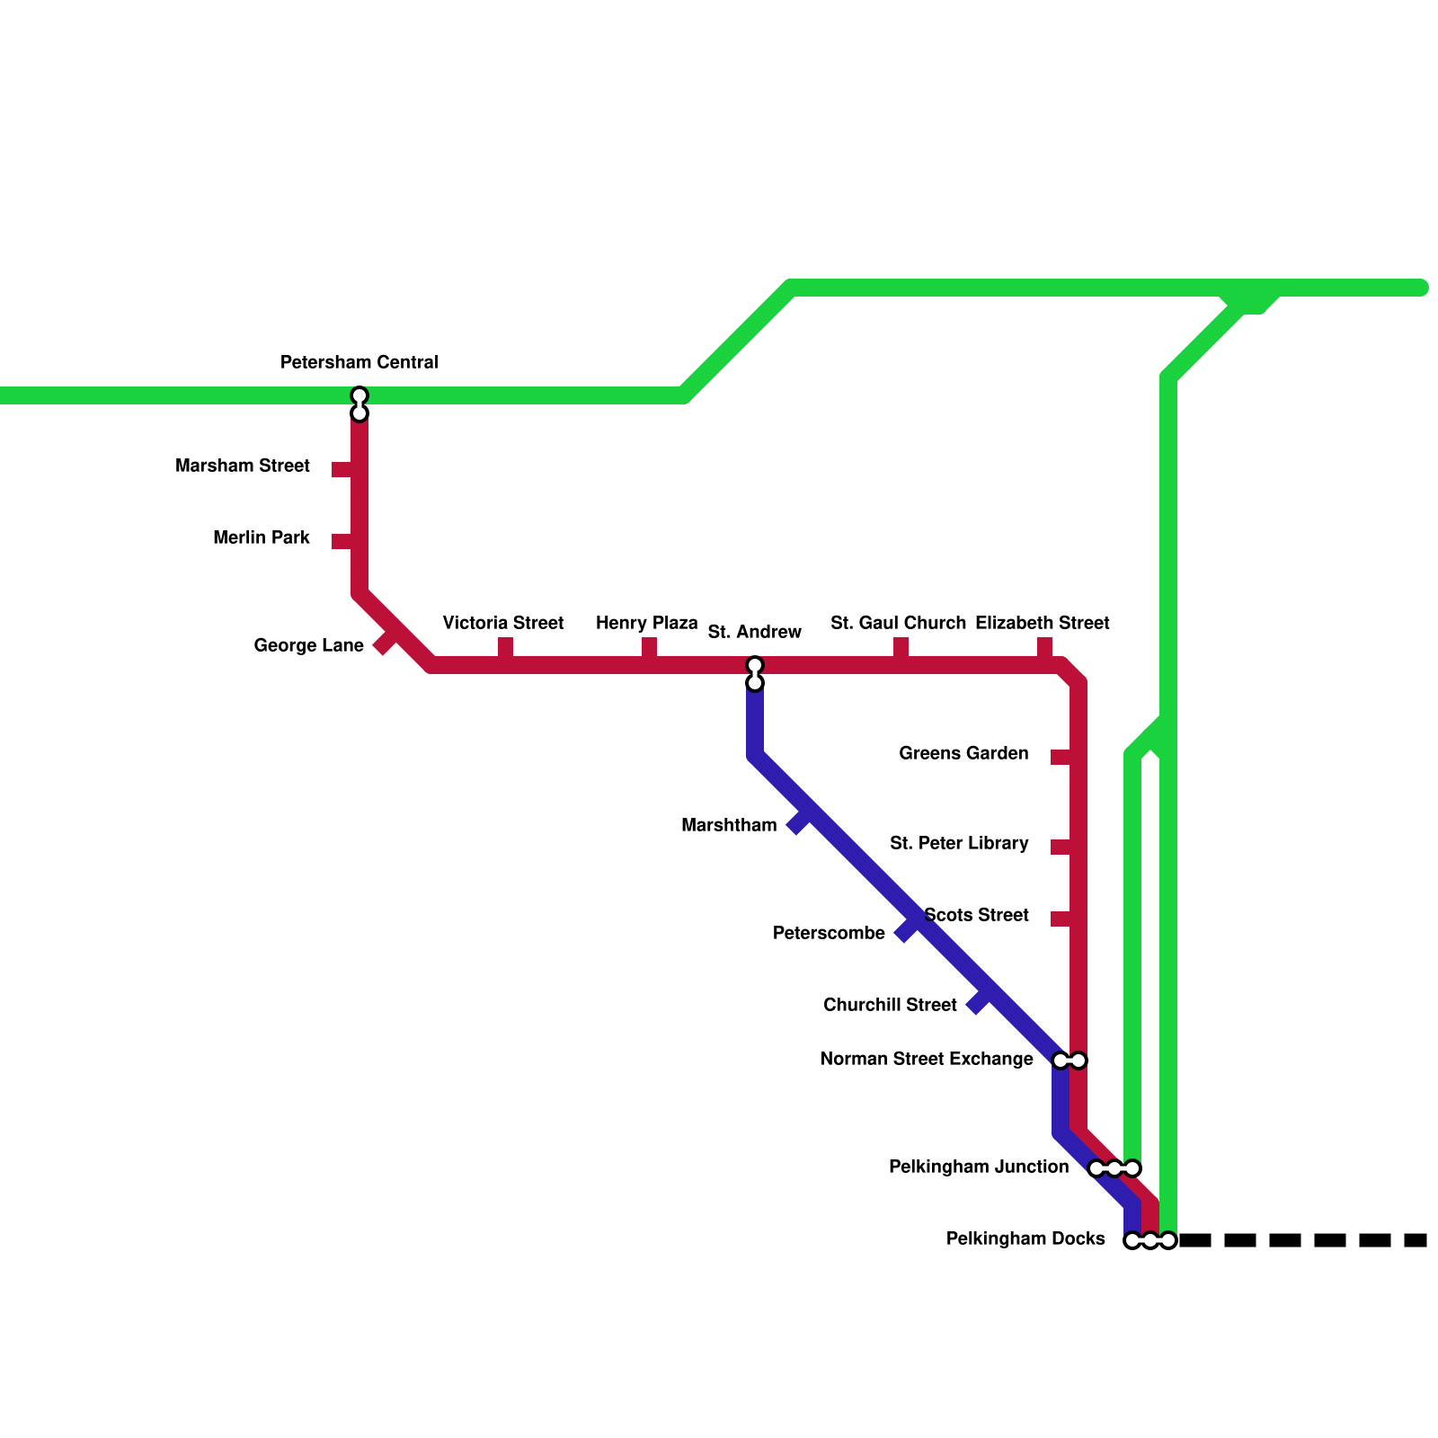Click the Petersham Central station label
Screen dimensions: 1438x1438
359,362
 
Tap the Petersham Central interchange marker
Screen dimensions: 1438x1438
359,404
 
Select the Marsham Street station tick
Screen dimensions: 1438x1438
342,469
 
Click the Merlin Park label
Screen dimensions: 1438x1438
262,537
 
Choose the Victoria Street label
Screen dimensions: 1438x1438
502,623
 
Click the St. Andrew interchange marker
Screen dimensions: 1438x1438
755,674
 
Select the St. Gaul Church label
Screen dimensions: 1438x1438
898,623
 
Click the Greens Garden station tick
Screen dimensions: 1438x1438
1061,757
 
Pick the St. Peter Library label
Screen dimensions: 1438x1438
959,843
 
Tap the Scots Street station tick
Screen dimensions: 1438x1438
1061,919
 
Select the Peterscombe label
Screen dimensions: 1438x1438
829,933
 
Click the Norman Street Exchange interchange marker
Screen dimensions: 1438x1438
1070,1061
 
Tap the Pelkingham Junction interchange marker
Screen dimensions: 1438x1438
1114,1168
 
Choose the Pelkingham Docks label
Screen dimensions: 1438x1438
1025,1238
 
